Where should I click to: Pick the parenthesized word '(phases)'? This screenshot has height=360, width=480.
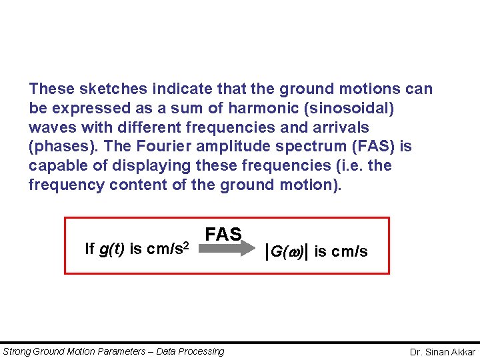click(59, 147)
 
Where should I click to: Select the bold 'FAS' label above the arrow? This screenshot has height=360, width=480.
click(223, 234)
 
